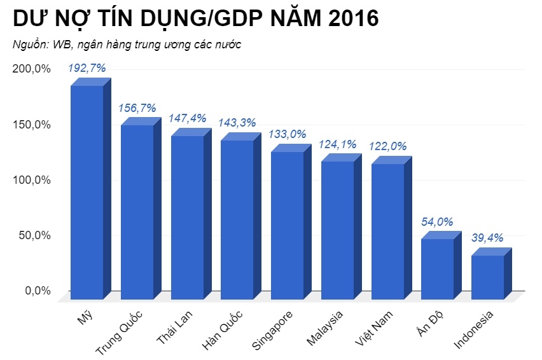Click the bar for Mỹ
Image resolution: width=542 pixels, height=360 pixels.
pyautogui.click(x=87, y=191)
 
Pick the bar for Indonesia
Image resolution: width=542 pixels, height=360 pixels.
pyautogui.click(x=487, y=277)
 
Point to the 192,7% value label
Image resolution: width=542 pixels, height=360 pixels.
pyautogui.click(x=87, y=68)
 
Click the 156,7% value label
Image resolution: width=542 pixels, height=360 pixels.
pyautogui.click(x=137, y=108)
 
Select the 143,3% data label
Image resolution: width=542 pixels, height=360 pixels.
pyautogui.click(x=237, y=123)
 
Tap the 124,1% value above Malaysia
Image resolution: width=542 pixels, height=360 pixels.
pyautogui.click(x=337, y=144)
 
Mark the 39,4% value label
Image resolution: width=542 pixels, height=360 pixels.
pyautogui.click(x=487, y=238)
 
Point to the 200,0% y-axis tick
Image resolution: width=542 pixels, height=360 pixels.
pyautogui.click(x=31, y=69)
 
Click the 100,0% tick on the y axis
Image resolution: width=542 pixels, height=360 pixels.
pyautogui.click(x=31, y=180)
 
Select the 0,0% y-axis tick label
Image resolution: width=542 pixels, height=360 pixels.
pyautogui.click(x=37, y=291)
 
